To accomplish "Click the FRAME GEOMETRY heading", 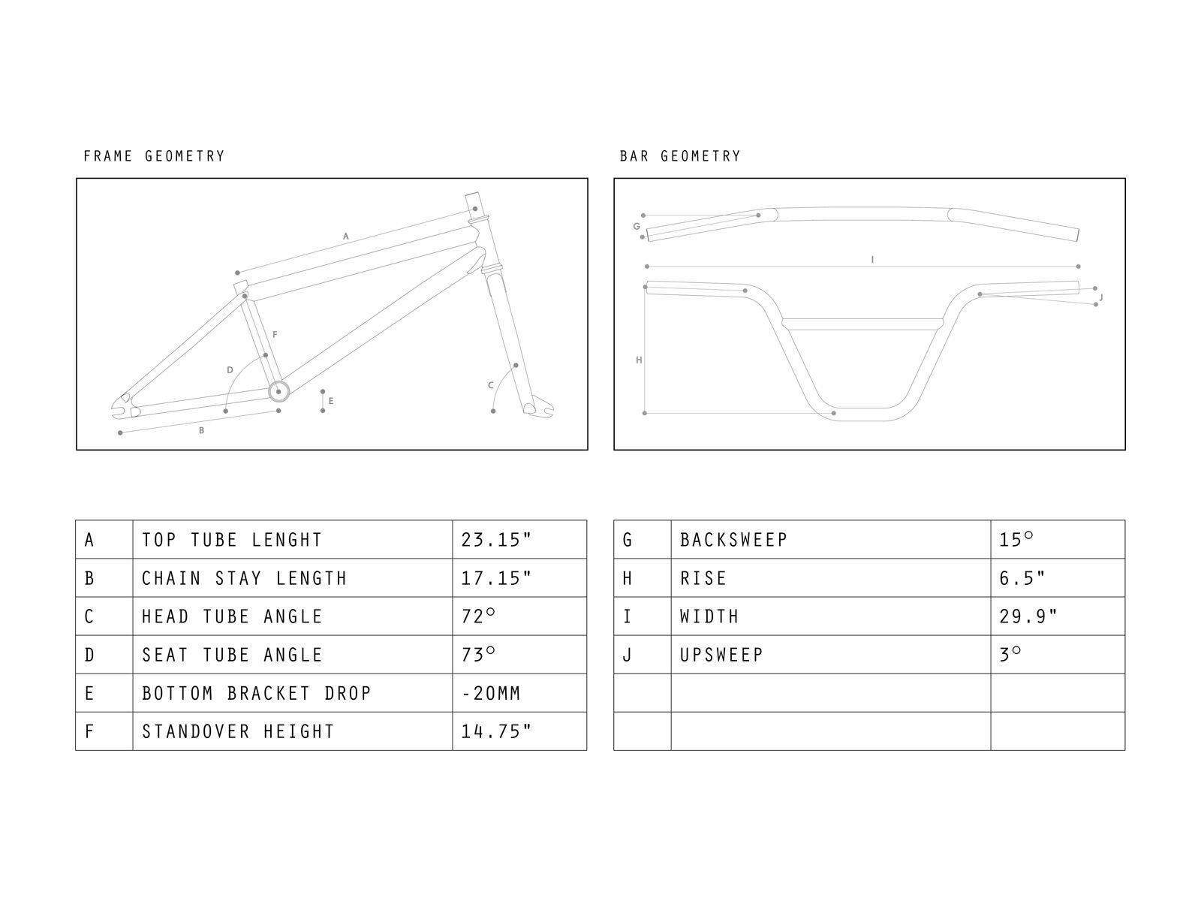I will [x=154, y=156].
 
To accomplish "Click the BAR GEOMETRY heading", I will [x=680, y=156].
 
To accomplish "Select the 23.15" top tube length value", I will [x=496, y=540].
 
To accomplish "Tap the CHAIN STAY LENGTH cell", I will [x=245, y=578].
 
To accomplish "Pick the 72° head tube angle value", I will [x=479, y=616].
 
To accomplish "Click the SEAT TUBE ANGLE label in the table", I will [x=233, y=655].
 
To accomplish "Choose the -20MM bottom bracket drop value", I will [x=491, y=693].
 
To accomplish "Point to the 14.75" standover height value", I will [x=496, y=731].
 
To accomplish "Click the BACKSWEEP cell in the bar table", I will [x=733, y=540].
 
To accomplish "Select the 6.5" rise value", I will [x=1022, y=578].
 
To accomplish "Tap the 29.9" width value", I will [x=1028, y=616].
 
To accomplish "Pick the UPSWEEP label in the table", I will [x=721, y=655].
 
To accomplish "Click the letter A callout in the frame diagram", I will [x=346, y=237].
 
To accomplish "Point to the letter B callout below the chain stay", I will [x=201, y=431].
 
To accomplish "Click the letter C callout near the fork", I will [x=491, y=385].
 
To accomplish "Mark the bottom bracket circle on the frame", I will [x=278, y=392].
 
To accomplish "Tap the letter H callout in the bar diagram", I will [x=639, y=360].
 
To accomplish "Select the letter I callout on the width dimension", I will [x=872, y=260].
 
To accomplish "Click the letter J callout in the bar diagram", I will [x=1100, y=298].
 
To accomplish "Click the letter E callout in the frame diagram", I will [x=331, y=401].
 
